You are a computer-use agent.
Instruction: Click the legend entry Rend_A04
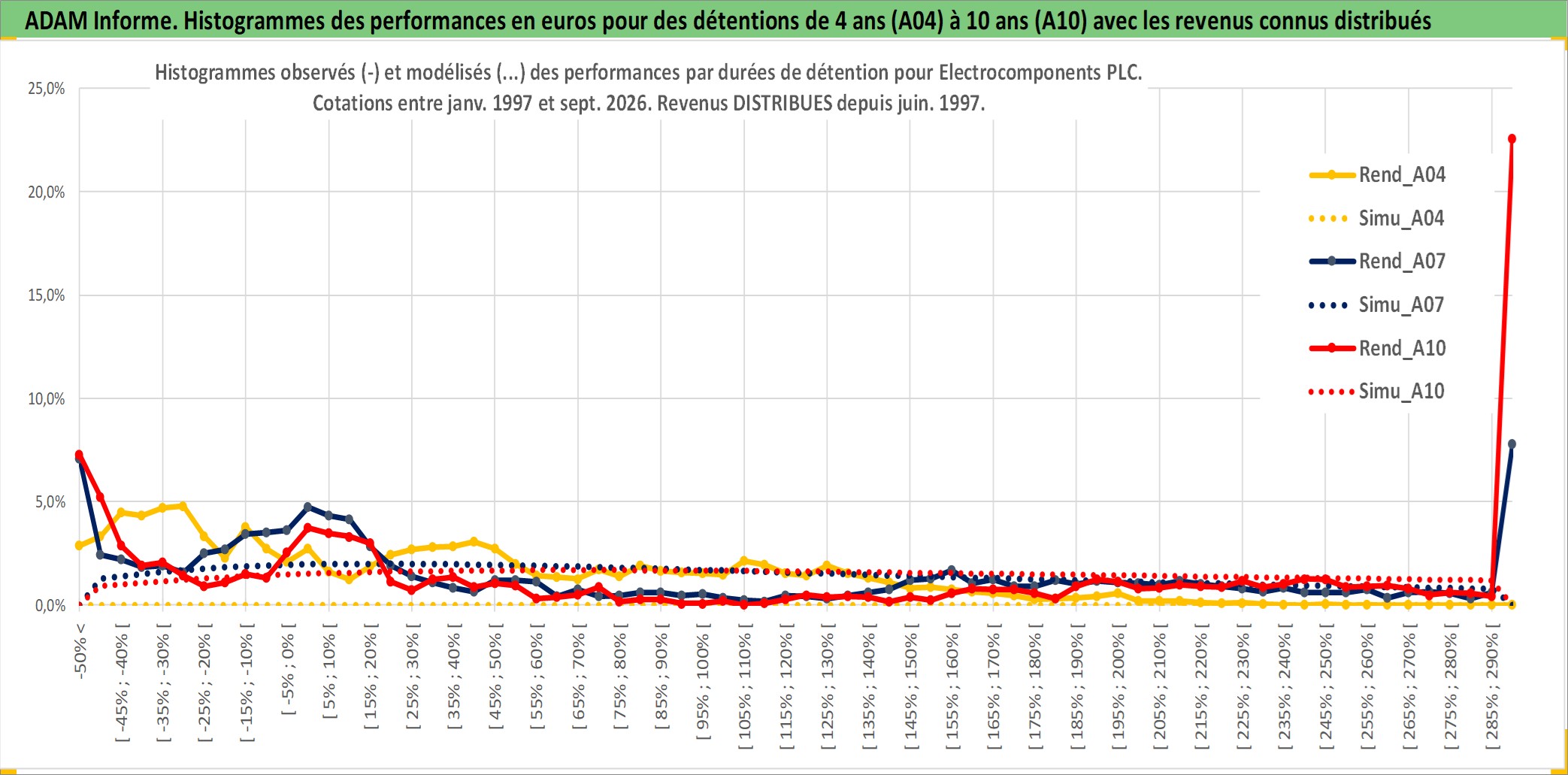1377,175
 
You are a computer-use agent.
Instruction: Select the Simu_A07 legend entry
1377,305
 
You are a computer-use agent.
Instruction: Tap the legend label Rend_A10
1377,348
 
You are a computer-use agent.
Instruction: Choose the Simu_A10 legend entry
1377,392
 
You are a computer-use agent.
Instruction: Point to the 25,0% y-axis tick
47,89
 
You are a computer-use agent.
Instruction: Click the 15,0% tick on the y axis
47,295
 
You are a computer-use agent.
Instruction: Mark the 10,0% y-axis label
47,399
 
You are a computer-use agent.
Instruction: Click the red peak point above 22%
1512,139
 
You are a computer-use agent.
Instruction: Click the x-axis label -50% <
80,651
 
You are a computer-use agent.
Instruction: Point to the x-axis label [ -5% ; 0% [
288,669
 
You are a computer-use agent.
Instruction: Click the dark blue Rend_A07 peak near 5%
307,507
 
